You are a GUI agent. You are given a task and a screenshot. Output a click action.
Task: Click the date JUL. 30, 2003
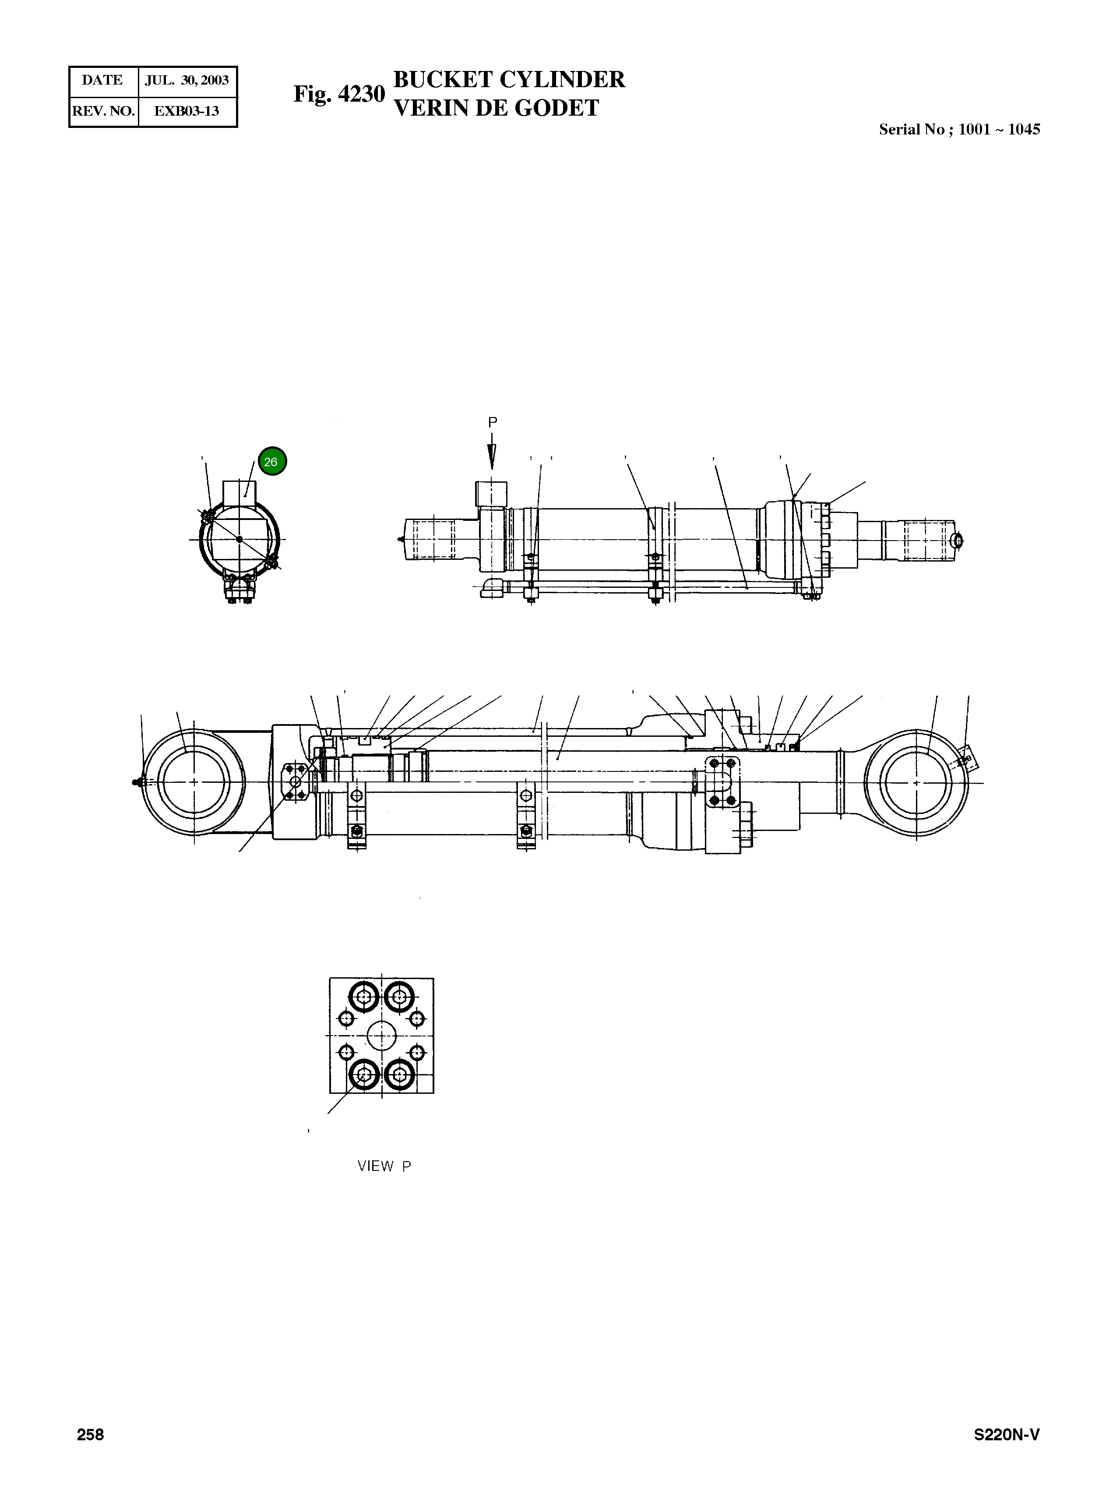tap(187, 80)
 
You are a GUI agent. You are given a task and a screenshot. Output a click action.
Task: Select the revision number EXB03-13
tap(187, 111)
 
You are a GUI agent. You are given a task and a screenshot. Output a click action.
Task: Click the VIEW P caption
tap(384, 1166)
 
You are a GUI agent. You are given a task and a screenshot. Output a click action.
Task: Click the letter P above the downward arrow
tap(492, 423)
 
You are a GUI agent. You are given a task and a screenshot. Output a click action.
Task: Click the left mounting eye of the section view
tap(194, 781)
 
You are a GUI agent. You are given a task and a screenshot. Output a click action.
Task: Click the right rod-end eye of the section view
tap(916, 782)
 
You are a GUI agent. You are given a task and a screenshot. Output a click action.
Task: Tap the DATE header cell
tap(102, 80)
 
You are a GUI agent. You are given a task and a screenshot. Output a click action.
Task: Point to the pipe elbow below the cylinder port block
tap(492, 589)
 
